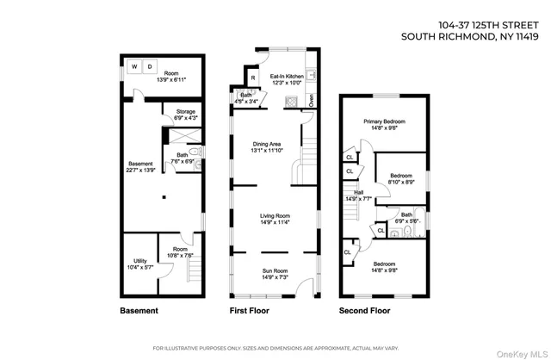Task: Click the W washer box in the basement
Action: pos(133,66)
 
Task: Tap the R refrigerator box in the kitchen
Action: pos(254,79)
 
